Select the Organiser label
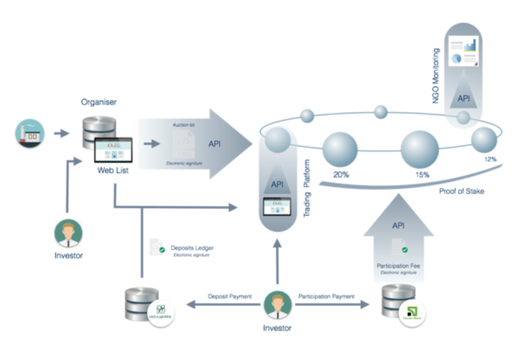pyautogui.click(x=99, y=102)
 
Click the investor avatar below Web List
pyautogui.click(x=68, y=234)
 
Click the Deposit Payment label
pyautogui.click(x=230, y=297)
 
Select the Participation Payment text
pyautogui.click(x=326, y=297)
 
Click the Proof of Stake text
pyautogui.click(x=462, y=191)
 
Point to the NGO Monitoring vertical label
pyautogui.click(x=436, y=76)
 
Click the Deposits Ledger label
pyautogui.click(x=192, y=248)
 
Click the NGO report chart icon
pyautogui.click(x=464, y=52)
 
